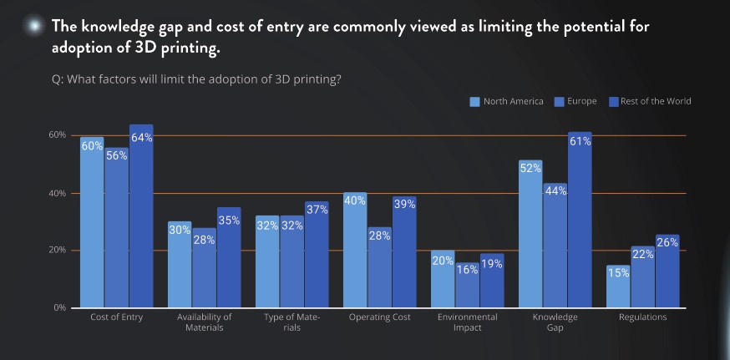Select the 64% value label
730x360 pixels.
(x=141, y=137)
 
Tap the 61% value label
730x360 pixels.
(x=580, y=141)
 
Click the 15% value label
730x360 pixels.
(x=618, y=272)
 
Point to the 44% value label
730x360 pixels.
(x=555, y=190)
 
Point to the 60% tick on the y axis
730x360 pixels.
(x=57, y=135)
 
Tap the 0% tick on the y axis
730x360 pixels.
(x=59, y=308)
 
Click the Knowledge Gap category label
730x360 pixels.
(x=555, y=322)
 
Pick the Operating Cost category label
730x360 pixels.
(x=379, y=317)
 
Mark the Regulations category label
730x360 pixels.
(x=642, y=317)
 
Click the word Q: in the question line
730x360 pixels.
(x=58, y=79)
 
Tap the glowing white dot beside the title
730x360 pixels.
(x=33, y=26)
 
